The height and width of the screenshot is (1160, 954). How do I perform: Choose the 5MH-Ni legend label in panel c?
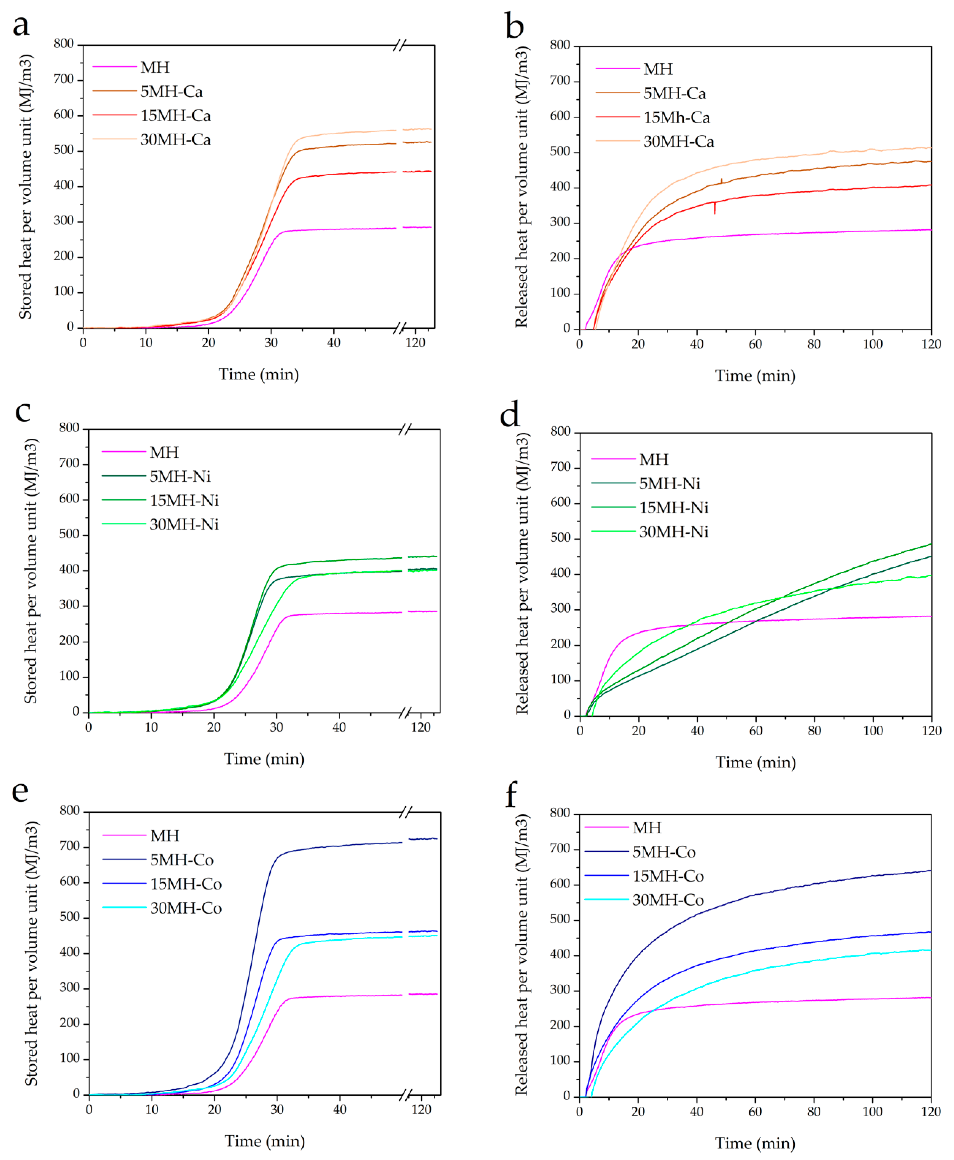(x=180, y=476)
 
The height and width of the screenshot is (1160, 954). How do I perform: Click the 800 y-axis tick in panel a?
(x=64, y=44)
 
